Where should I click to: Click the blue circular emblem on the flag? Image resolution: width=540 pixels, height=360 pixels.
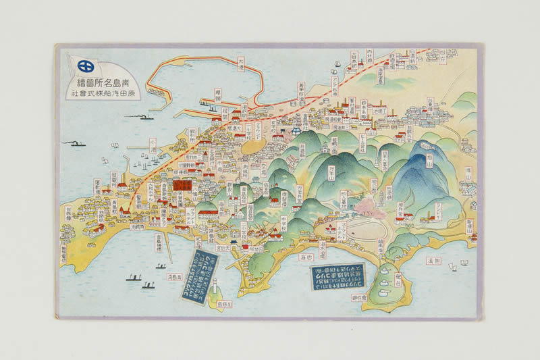(86, 66)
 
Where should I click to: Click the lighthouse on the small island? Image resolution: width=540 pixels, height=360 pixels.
(213, 288)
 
